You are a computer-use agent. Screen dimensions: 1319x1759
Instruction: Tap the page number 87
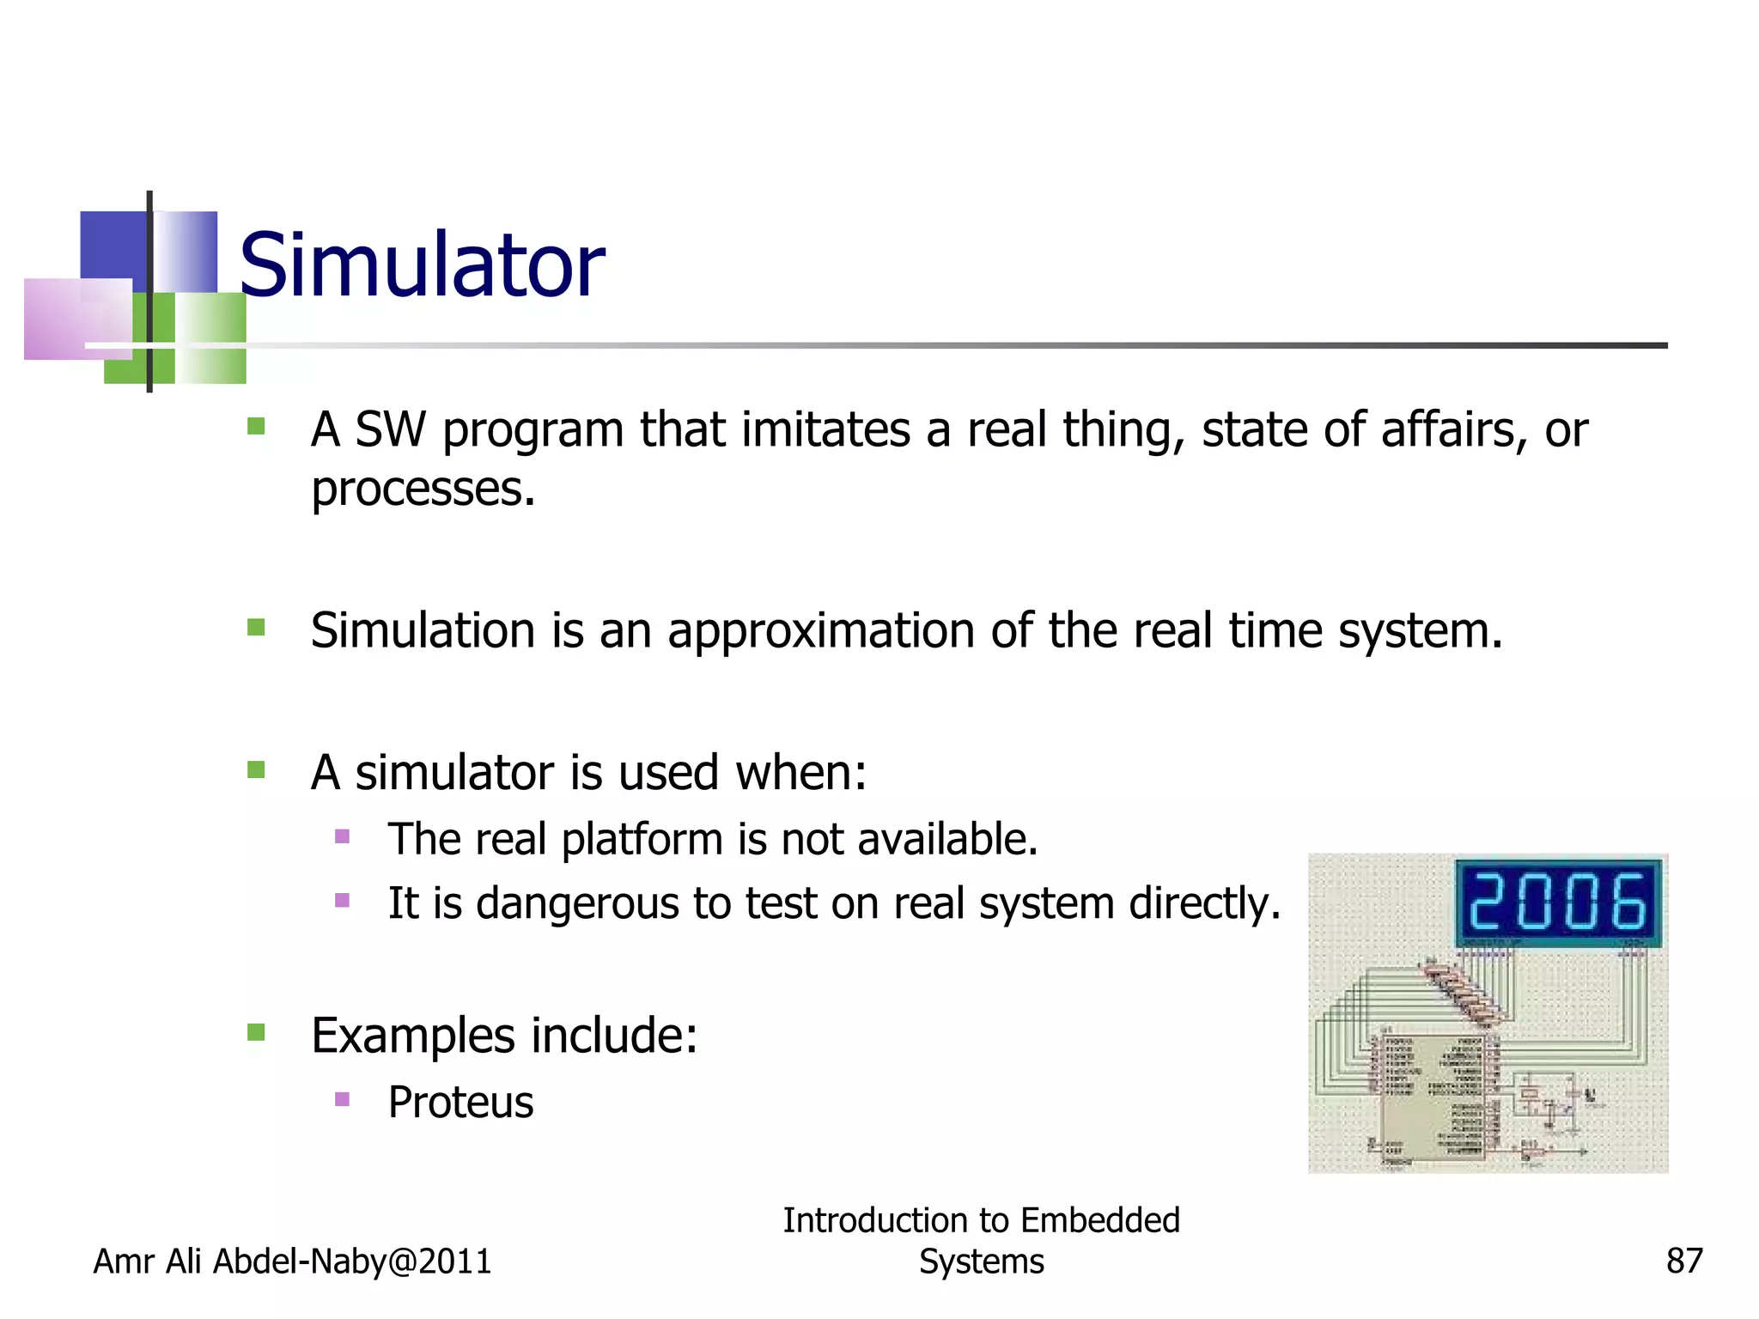click(1683, 1261)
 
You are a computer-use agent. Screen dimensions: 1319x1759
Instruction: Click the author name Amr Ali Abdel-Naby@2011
click(292, 1261)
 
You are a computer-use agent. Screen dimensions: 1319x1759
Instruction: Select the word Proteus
click(460, 1102)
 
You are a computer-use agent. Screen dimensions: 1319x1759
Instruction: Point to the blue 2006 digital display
click(1558, 902)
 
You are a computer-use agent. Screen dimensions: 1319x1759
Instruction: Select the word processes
click(423, 489)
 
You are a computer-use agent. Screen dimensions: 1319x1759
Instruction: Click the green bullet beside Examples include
click(256, 1031)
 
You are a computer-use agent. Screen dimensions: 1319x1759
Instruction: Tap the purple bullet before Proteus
click(343, 1098)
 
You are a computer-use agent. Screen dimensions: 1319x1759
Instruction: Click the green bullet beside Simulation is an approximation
click(256, 628)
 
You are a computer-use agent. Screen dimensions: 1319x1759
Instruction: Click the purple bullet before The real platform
click(343, 836)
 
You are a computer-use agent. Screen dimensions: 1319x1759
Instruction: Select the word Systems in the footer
click(981, 1261)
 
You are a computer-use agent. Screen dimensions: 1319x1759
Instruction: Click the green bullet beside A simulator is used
click(256, 769)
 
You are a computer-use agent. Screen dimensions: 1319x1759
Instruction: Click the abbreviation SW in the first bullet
click(391, 429)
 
